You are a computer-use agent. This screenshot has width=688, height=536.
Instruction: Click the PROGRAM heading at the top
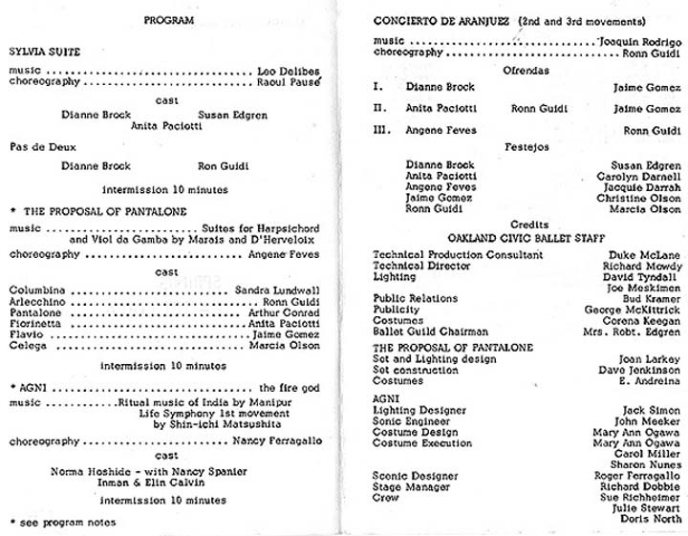167,19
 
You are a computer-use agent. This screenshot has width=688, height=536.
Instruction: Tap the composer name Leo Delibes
289,71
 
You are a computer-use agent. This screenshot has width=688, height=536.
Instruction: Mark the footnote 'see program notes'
68,523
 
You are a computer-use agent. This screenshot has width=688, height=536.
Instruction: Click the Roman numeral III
378,130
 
